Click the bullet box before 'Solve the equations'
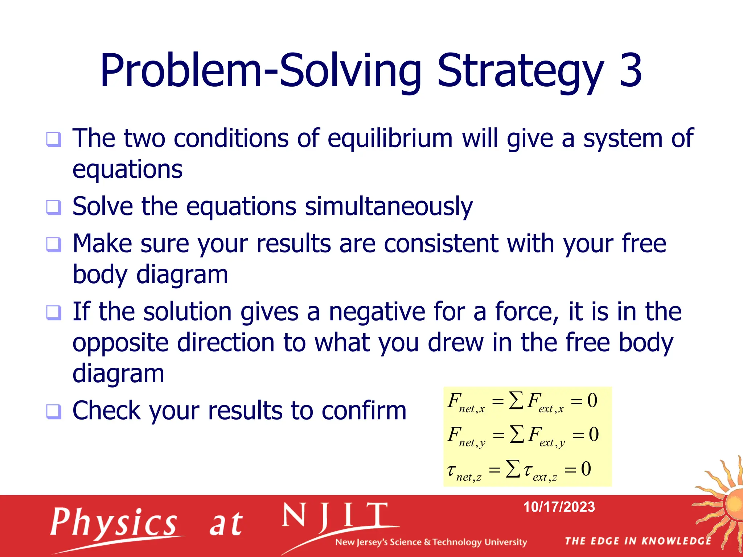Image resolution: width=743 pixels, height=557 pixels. click(54, 207)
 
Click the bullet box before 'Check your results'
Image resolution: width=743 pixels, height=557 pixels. click(54, 412)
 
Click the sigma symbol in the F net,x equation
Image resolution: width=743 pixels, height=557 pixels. click(516, 401)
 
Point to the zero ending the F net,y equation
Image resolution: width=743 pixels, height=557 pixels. click(594, 434)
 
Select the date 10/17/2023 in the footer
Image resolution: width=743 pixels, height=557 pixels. click(559, 507)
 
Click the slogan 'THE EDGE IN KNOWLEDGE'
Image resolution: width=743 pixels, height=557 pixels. click(638, 541)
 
